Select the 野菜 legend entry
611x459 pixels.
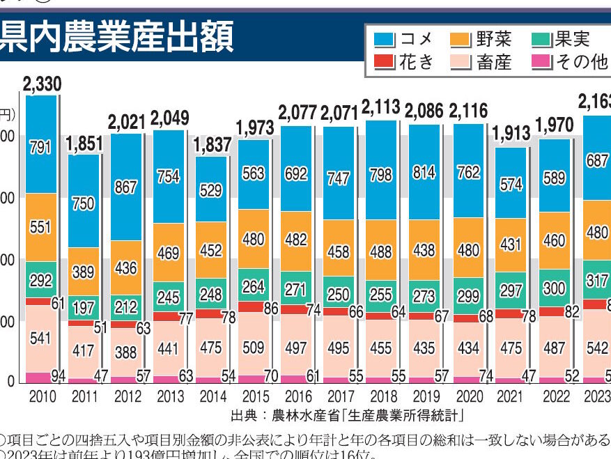click(482, 38)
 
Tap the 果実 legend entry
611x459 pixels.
click(562, 38)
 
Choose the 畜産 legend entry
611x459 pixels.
click(482, 62)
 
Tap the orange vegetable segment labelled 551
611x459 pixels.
click(41, 227)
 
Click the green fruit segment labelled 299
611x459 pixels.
click(467, 295)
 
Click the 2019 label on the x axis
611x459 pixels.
click(425, 396)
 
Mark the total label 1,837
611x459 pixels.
click(211, 146)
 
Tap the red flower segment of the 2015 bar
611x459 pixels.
click(254, 306)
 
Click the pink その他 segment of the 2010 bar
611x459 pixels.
click(41, 378)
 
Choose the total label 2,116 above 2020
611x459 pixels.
click(468, 111)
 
